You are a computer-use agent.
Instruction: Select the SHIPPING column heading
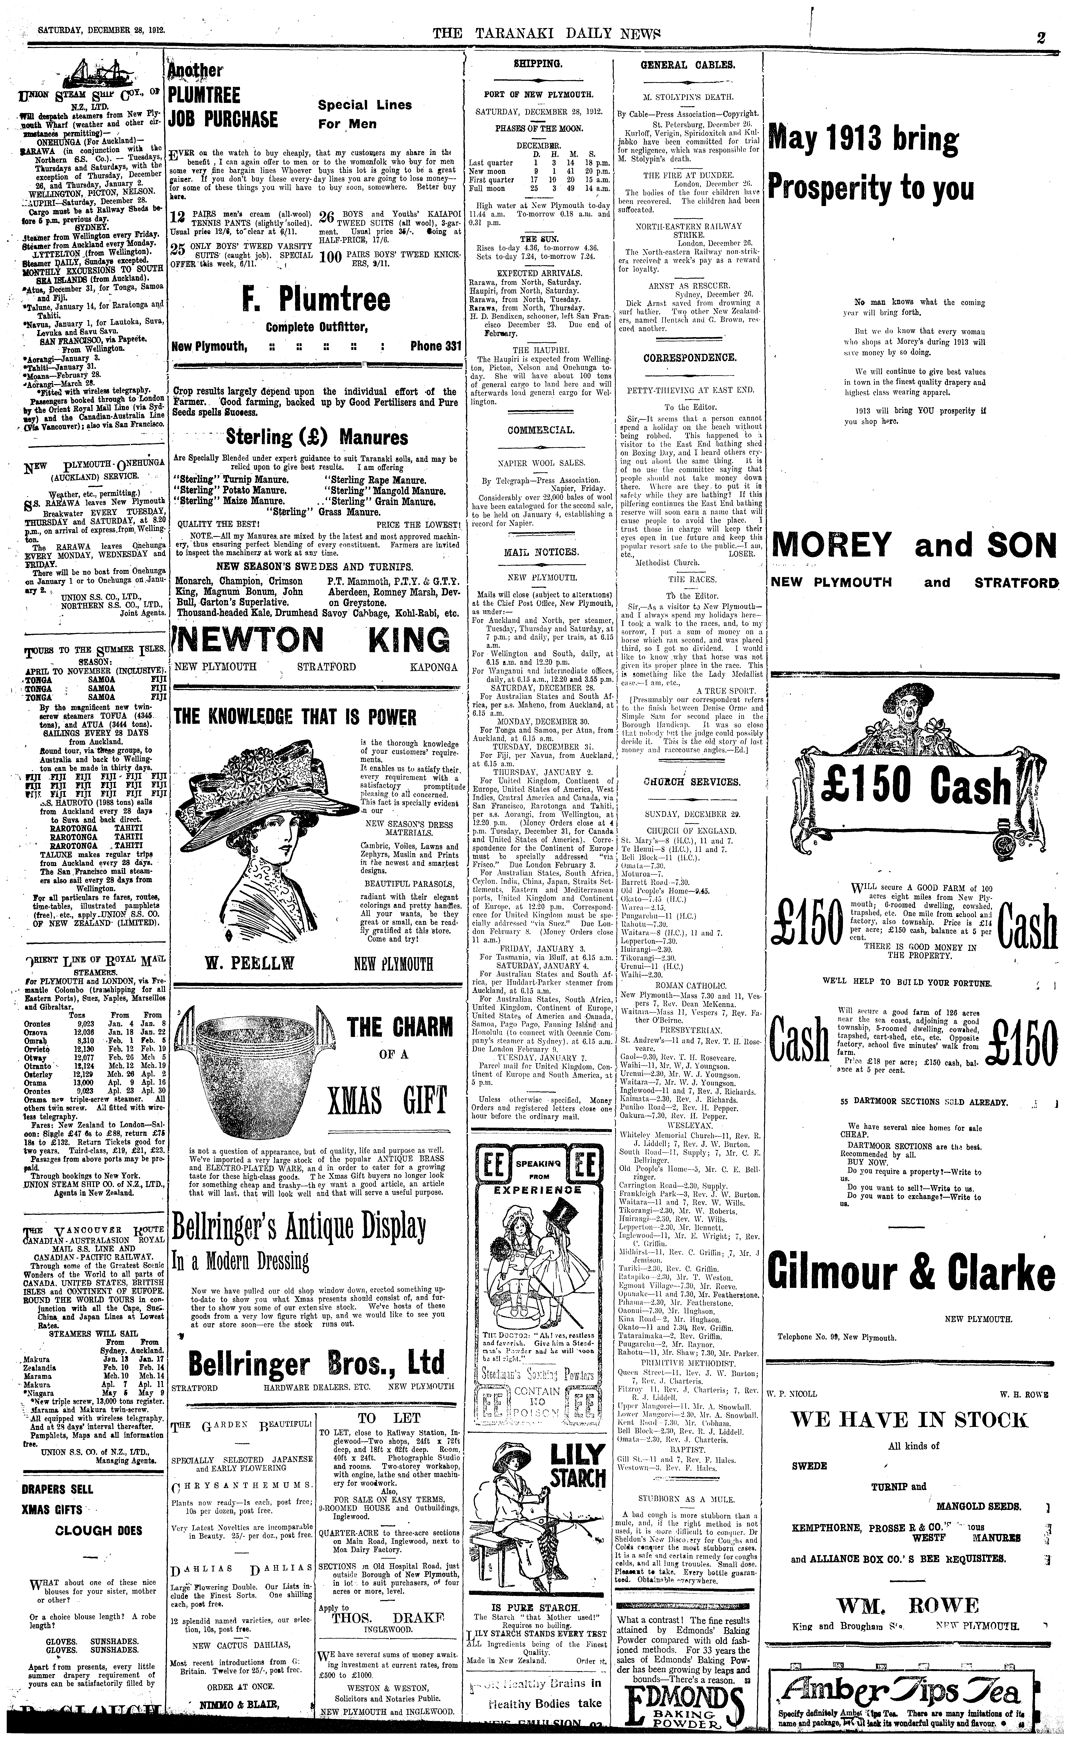click(538, 64)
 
